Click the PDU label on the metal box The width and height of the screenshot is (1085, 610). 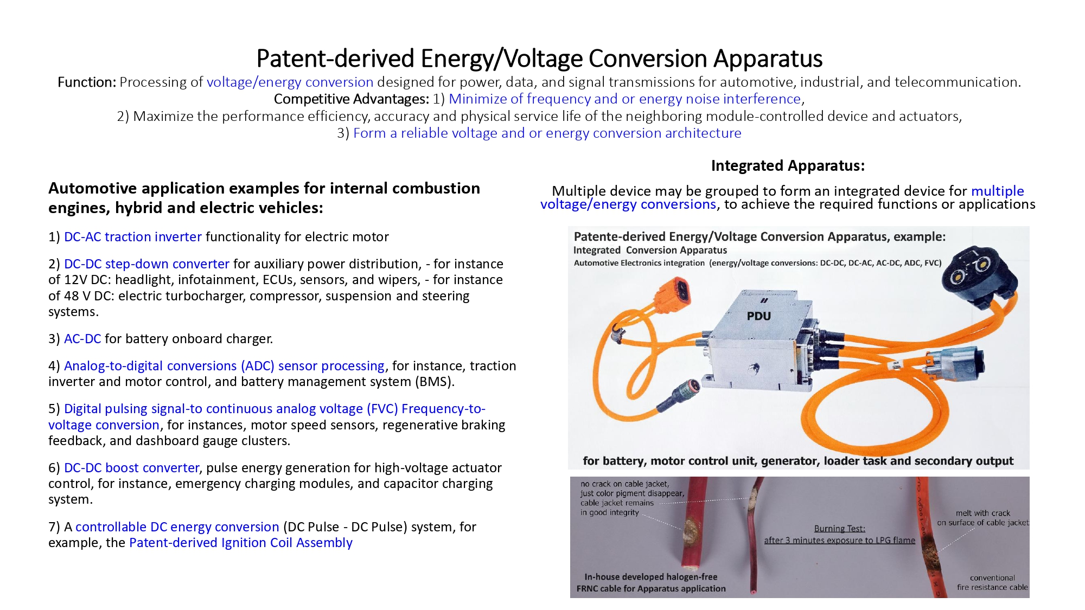(x=758, y=316)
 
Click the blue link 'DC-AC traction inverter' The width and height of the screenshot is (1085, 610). (x=133, y=237)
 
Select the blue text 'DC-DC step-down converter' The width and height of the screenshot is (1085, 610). (x=146, y=264)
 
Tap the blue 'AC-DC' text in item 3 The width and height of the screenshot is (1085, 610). (x=82, y=339)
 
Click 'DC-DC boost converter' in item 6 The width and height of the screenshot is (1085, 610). (x=132, y=468)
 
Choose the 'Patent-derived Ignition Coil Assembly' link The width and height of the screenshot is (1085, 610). (x=241, y=543)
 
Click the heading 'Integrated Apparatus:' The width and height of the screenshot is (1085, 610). (x=788, y=165)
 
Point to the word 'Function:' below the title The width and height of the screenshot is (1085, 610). (x=87, y=82)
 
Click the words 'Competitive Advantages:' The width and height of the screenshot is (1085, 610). (x=352, y=99)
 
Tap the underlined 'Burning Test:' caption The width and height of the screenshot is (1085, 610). (x=839, y=529)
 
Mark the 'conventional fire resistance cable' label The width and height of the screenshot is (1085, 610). (x=992, y=582)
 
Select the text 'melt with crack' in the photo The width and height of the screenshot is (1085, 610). (x=983, y=513)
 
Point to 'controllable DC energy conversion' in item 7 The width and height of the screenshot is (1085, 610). (x=177, y=527)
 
